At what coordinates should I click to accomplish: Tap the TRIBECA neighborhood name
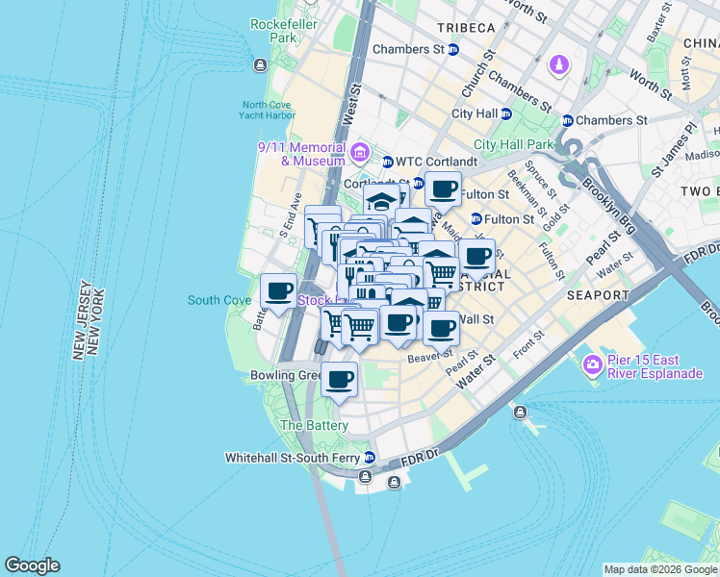(x=465, y=28)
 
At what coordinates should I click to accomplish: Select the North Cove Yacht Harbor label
(x=269, y=110)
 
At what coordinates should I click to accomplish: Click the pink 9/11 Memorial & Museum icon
(x=360, y=151)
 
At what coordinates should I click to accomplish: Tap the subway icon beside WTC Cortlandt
(x=388, y=161)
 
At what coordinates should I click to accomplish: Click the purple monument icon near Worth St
(x=559, y=64)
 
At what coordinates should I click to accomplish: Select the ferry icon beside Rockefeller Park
(x=259, y=64)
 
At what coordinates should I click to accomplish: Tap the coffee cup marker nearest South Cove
(x=279, y=291)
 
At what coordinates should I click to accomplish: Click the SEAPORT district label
(x=598, y=295)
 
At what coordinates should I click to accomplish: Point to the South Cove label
(x=219, y=300)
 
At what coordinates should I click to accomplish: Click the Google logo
(x=32, y=565)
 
